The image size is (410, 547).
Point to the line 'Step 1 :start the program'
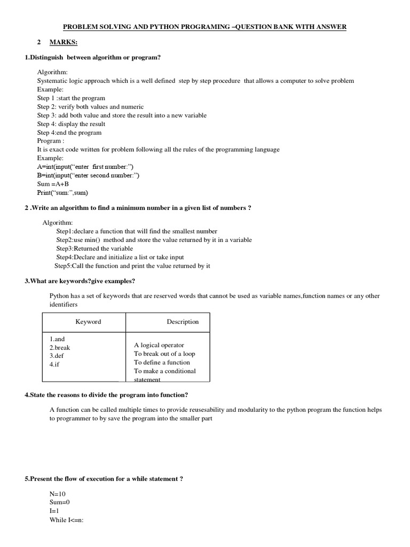(71, 98)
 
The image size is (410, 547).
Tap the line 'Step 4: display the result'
(71, 124)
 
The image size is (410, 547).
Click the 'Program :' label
(51, 141)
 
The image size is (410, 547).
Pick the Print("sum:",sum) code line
(62, 192)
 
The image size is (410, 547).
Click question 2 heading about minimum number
(138, 208)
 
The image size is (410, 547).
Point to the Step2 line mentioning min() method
(154, 240)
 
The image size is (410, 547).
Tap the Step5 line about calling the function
(132, 265)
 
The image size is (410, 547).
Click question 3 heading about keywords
(80, 281)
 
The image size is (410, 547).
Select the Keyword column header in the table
(88, 322)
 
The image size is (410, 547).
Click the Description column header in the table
(183, 322)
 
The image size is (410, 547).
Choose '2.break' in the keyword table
(60, 347)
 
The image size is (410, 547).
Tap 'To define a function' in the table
(162, 362)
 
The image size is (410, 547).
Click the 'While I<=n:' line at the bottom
(68, 520)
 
